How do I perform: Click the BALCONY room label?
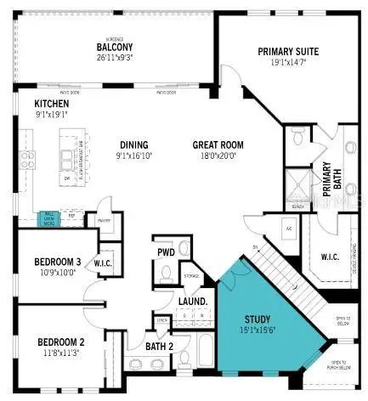[x=112, y=47]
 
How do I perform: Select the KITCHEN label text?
[x=28, y=103]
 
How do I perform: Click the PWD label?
[x=166, y=251]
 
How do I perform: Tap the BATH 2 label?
[x=159, y=346]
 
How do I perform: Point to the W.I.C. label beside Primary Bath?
[x=330, y=256]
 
